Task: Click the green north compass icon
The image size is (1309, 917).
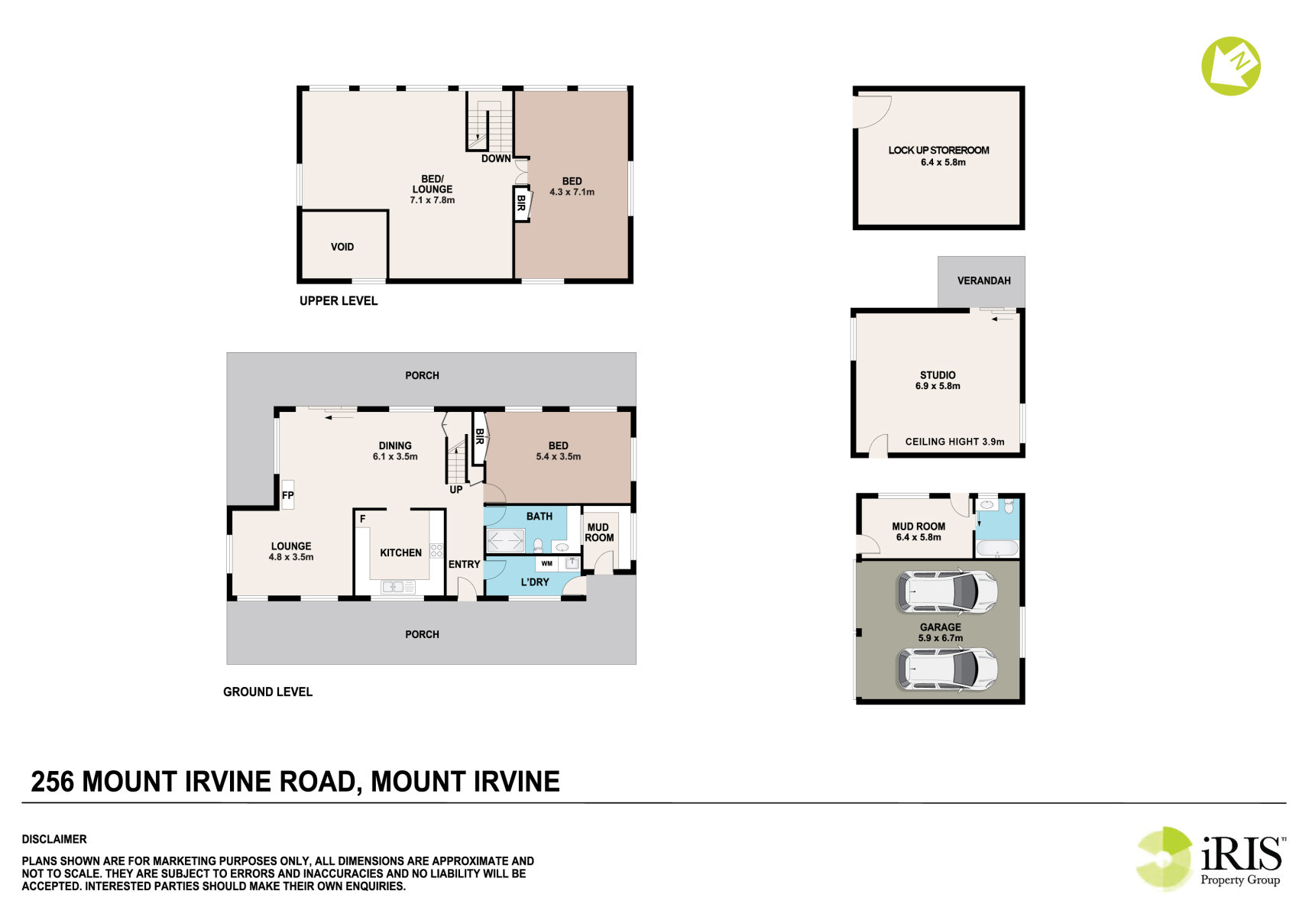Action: tap(1231, 66)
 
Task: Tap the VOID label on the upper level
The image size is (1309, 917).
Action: tap(342, 248)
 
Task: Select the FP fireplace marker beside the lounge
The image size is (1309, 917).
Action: tap(287, 495)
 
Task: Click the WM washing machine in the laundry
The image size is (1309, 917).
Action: tap(547, 563)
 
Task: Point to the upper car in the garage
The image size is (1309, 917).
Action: tap(947, 591)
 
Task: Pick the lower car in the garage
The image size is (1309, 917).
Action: tap(947, 669)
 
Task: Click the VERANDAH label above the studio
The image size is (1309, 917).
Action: tap(983, 280)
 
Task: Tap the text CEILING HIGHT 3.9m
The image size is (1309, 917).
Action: tap(955, 442)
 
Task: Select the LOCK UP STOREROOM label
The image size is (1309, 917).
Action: tap(938, 151)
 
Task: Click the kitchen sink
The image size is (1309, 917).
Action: tap(398, 586)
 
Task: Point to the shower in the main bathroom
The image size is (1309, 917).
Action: tap(505, 540)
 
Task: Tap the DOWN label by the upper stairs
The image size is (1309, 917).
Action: tap(496, 158)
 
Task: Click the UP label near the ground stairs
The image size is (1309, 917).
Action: tap(455, 490)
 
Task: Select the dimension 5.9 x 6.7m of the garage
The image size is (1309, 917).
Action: tap(940, 637)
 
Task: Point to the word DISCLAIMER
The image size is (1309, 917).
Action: tap(54, 839)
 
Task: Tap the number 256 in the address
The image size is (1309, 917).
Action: tap(53, 782)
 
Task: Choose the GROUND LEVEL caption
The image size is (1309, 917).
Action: tap(267, 692)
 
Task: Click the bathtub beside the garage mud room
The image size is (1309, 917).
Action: tap(997, 548)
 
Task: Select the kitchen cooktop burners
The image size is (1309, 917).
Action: tap(436, 550)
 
